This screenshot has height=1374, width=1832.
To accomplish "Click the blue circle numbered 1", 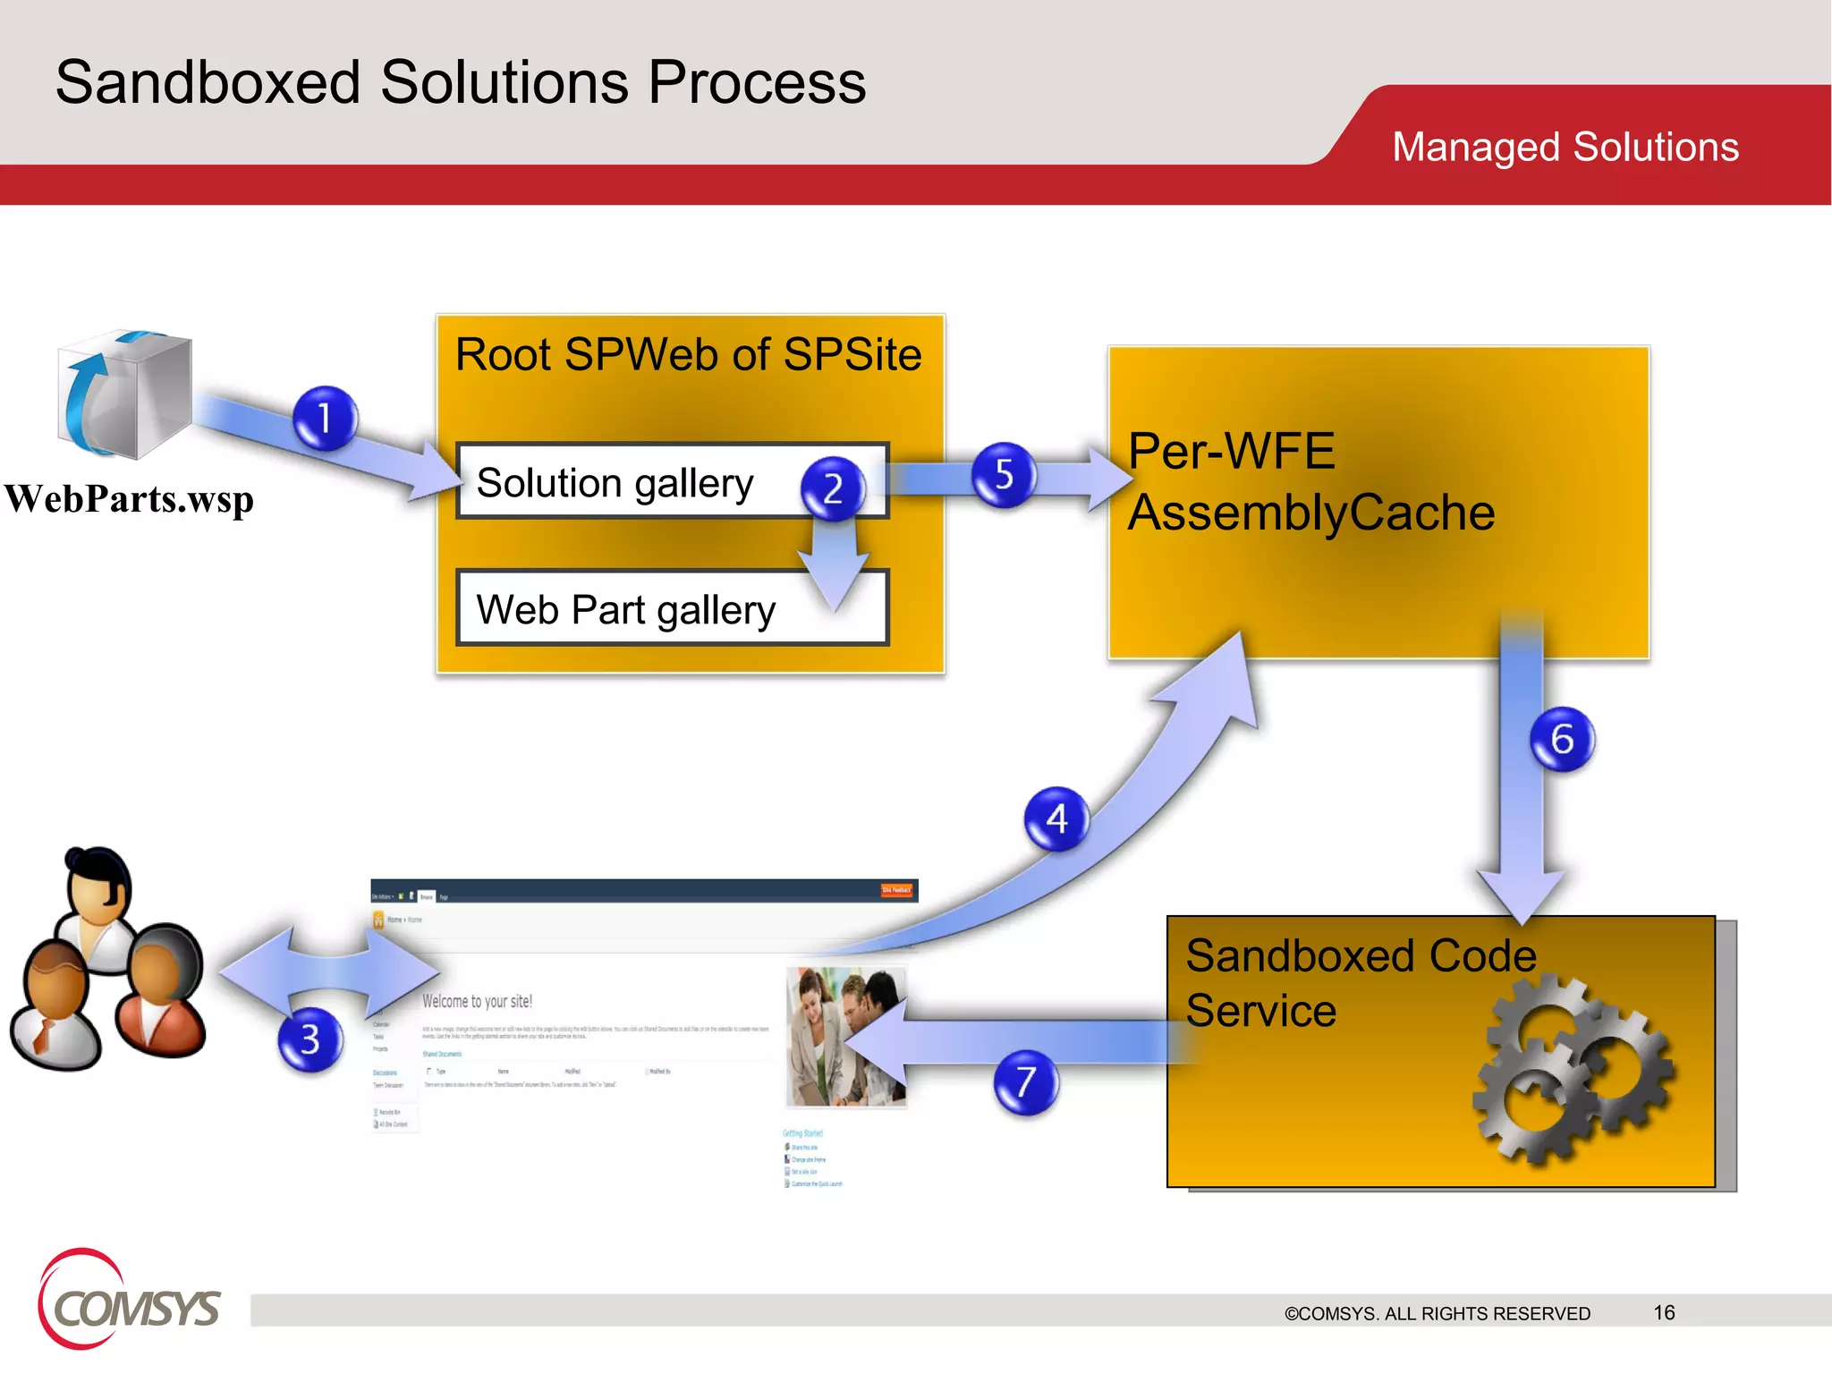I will [x=325, y=418].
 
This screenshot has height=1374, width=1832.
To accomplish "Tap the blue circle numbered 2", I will [x=833, y=488].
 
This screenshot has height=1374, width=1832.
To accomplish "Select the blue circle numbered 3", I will [x=310, y=1039].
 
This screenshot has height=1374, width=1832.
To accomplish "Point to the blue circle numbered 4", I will [x=1056, y=818].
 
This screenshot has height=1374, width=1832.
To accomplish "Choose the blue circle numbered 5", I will [x=1004, y=474].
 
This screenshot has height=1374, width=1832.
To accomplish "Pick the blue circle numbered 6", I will [x=1562, y=739].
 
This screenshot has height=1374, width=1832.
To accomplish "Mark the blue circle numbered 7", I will [x=1026, y=1082].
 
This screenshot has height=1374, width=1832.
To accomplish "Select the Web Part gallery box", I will [x=626, y=610].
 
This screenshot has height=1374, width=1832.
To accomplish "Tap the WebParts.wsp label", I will [x=130, y=499].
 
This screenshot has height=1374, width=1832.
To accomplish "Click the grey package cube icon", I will [x=125, y=394].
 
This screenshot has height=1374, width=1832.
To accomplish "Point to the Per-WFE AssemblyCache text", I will [x=1310, y=483].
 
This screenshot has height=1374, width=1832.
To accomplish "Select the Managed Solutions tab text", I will [x=1565, y=147].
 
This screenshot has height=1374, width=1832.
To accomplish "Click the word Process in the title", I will [x=757, y=83].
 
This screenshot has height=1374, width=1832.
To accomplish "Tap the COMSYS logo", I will [x=130, y=1302].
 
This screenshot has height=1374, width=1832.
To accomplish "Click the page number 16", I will [x=1664, y=1312].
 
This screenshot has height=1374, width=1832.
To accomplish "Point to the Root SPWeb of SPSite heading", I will [x=688, y=354].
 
